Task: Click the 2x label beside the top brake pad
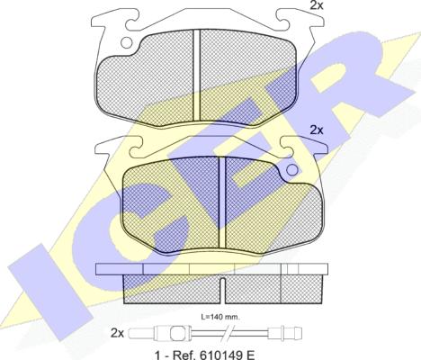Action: pyautogui.click(x=316, y=6)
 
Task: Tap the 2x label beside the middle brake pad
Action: pyautogui.click(x=316, y=130)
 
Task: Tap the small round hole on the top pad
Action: pyautogui.click(x=126, y=41)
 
